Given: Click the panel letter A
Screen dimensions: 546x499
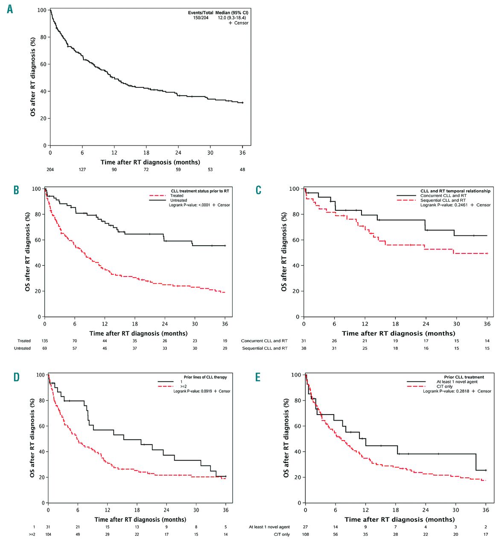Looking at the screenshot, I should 10,9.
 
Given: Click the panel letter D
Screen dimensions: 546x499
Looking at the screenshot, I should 17,377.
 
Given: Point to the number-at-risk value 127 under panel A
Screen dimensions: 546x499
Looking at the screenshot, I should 82,169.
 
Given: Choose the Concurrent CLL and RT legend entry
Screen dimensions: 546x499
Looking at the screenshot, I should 443,196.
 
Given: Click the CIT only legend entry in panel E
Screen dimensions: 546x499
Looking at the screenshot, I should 444,386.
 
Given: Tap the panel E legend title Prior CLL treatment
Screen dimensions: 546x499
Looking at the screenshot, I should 464,377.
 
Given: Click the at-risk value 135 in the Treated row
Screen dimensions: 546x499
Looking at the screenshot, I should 45,341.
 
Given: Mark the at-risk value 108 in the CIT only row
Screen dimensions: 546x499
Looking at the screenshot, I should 305,534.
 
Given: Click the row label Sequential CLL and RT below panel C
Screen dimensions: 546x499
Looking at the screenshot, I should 265,348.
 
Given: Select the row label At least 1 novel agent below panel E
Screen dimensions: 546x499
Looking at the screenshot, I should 269,527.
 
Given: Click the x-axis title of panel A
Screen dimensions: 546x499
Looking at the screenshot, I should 150,162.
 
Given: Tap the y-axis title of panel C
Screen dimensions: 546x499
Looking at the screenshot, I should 284,252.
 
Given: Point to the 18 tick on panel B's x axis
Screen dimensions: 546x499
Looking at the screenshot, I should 135,324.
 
